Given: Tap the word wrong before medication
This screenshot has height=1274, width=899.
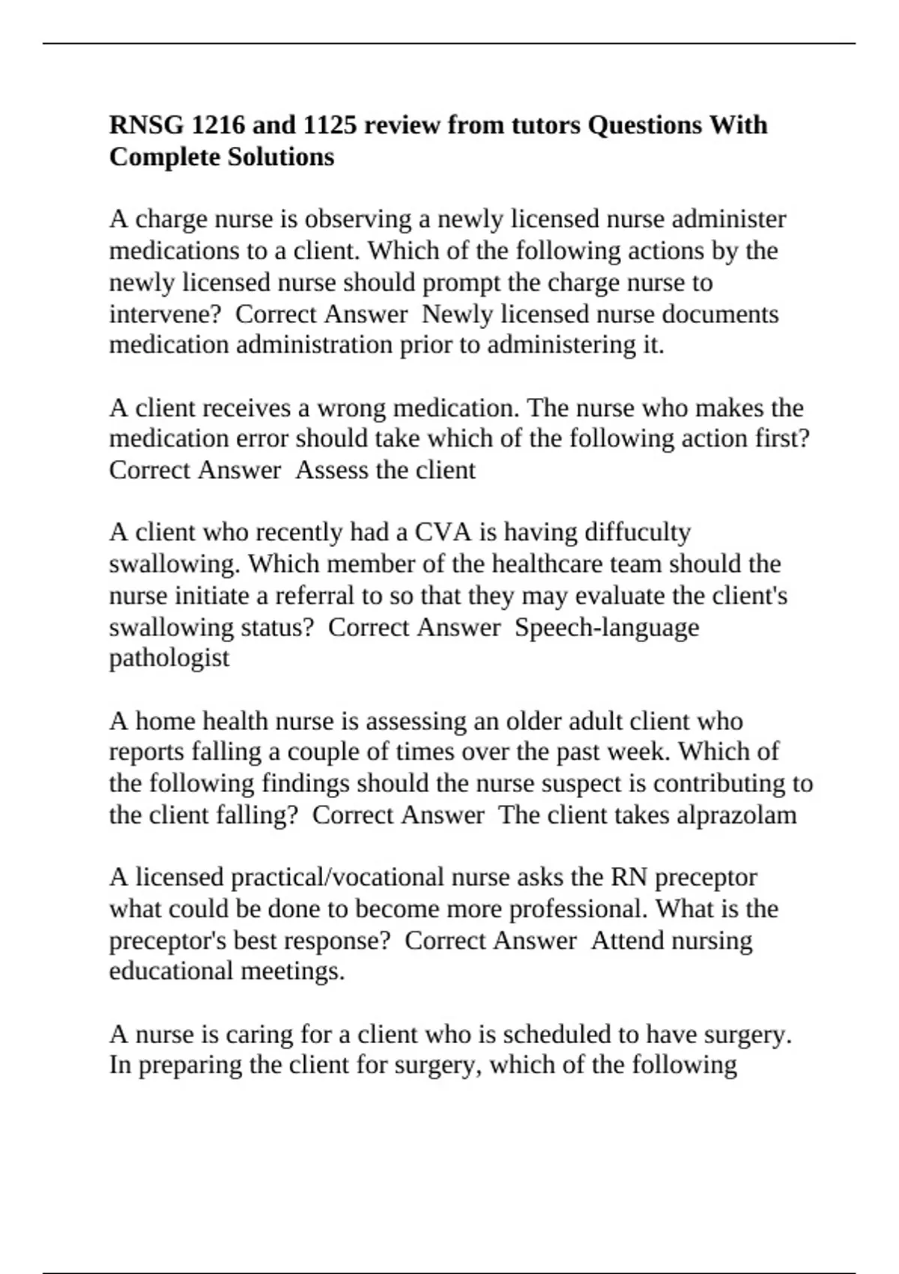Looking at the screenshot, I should pyautogui.click(x=351, y=408).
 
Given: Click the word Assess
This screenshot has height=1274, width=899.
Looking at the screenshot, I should pyautogui.click(x=329, y=470).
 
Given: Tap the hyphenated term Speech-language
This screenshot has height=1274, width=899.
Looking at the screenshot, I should pyautogui.click(x=607, y=627).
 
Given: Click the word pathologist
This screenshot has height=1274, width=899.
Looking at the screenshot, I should pyautogui.click(x=169, y=658).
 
